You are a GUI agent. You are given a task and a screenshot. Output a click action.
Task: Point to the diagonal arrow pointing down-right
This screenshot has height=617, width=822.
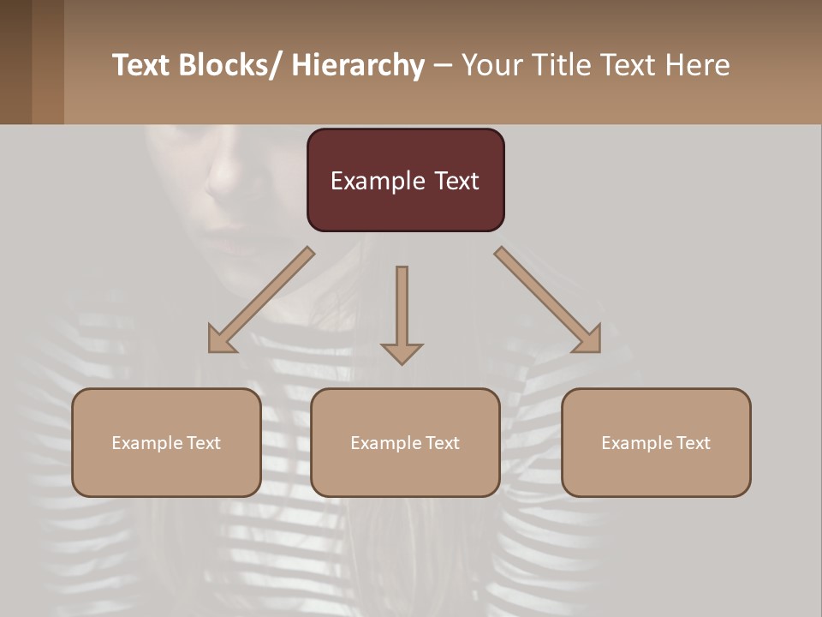[548, 300]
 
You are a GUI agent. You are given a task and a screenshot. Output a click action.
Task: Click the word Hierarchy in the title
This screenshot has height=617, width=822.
[358, 65]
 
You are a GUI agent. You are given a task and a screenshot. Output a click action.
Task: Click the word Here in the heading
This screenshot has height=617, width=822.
[695, 65]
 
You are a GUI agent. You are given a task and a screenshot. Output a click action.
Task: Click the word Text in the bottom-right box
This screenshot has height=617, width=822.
[692, 443]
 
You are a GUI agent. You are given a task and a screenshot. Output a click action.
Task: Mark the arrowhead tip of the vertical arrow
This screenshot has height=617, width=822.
[402, 362]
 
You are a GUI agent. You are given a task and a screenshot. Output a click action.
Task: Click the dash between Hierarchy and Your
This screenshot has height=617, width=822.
[443, 65]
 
